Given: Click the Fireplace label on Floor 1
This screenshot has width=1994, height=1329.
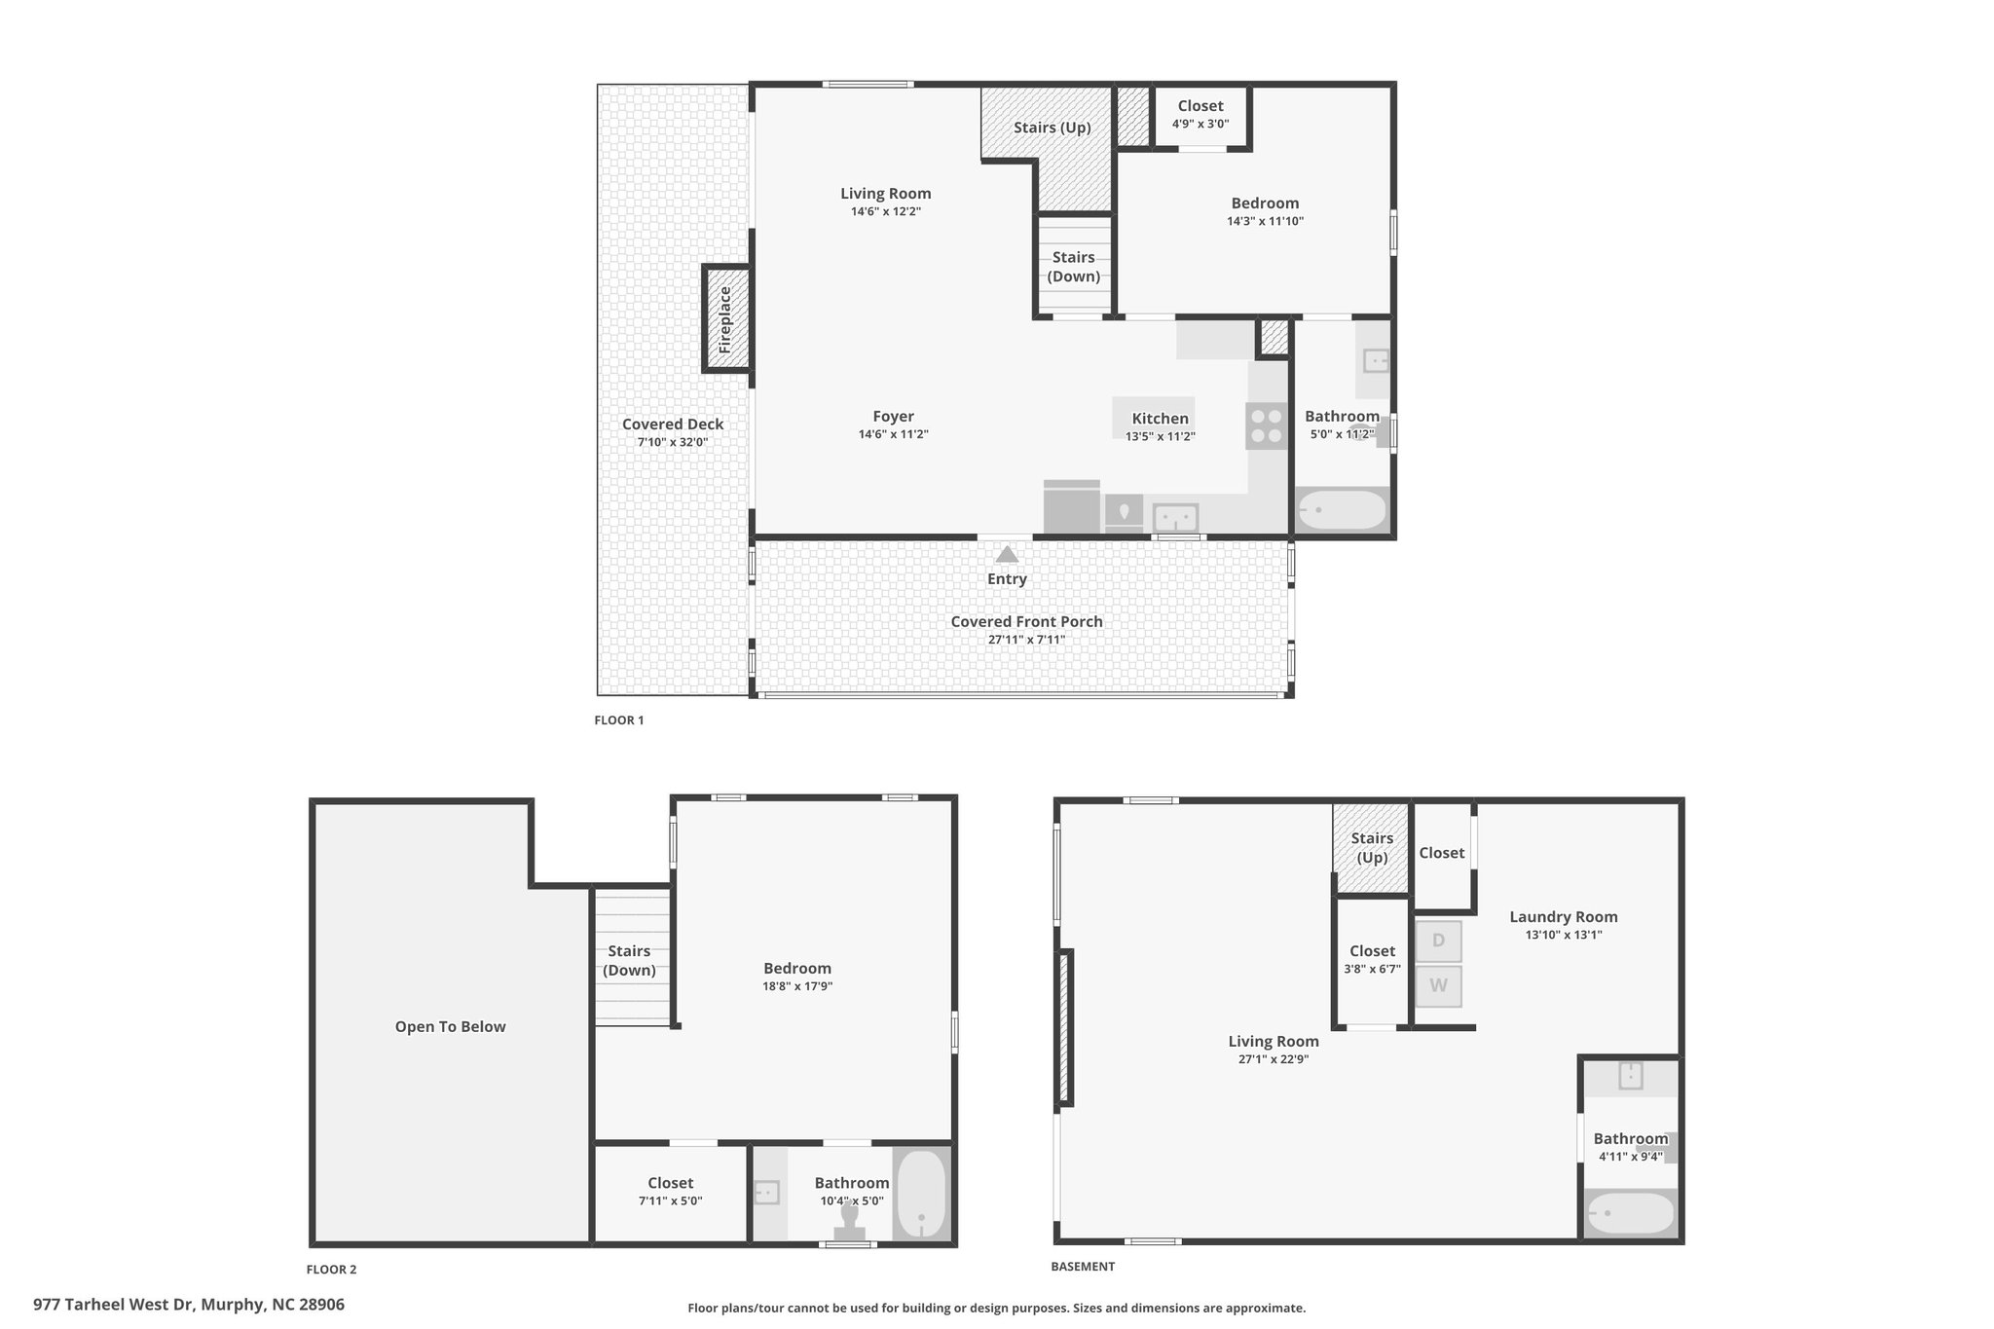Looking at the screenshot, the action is pos(724,319).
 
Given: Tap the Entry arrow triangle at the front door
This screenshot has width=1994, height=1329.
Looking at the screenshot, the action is pos(1007,554).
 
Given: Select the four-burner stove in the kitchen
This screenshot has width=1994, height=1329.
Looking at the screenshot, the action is pos(1266,426).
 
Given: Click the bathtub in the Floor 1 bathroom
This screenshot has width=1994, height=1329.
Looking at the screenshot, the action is pos(1342,510).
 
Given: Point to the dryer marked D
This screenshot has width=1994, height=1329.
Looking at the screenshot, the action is pos(1438,941).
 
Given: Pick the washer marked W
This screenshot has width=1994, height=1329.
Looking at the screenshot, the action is pos(1438,985).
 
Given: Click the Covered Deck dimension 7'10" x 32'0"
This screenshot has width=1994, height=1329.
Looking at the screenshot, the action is pos(673,442).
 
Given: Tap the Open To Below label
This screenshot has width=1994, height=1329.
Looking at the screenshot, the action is pos(451,1026).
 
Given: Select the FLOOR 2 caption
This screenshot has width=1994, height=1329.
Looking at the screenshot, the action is pos(332,1270).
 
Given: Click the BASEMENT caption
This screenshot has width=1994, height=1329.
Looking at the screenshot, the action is pos(1083,1267).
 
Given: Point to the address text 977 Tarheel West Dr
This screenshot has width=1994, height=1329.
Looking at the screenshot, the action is pos(113,1305).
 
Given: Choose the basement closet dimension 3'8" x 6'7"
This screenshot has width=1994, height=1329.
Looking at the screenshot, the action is pos(1373,969).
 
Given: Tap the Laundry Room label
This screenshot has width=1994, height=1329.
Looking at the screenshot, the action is pos(1564,916).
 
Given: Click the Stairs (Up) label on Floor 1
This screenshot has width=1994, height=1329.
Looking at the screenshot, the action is pos(1052,128).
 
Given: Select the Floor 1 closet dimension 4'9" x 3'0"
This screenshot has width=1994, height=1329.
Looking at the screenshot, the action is pos(1200,124).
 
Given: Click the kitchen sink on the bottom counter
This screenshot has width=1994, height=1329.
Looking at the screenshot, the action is pos(1176,516).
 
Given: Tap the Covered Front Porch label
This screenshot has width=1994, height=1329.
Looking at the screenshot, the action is pos(1027,621).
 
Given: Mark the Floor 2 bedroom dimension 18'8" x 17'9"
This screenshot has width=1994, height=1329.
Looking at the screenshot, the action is pos(797,986).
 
